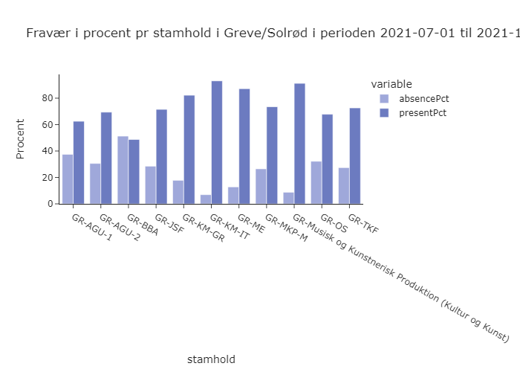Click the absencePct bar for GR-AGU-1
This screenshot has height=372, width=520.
68,179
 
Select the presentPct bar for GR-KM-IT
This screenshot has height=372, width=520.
217,142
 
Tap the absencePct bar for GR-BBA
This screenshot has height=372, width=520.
123,170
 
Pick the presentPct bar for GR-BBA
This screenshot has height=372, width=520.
134,172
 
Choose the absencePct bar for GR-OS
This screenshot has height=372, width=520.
316,182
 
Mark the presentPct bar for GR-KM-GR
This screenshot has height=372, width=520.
189,150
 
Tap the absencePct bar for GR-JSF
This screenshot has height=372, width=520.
151,185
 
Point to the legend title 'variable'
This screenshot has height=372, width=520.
391,83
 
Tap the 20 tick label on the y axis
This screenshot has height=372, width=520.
49,178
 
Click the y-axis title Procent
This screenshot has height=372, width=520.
21,138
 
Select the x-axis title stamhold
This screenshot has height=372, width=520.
211,359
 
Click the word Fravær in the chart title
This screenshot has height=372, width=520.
47,33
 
